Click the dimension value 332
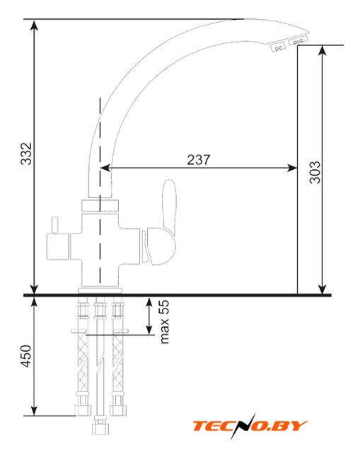26,154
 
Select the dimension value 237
199,160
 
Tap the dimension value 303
315,172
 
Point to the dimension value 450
26,355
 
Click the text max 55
164,321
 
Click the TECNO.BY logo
250,426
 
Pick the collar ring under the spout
100,205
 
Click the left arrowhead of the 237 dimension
105,168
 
